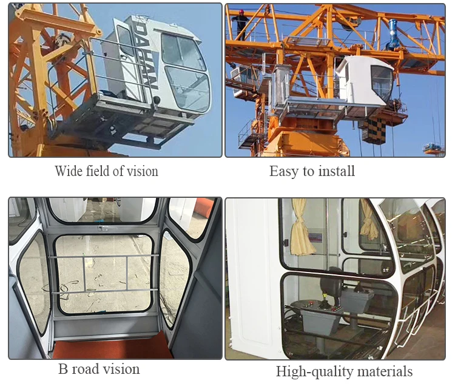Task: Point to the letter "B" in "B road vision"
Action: tap(63, 369)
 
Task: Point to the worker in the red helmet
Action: tap(241, 24)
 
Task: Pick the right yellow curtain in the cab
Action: tap(368, 220)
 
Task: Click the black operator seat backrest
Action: tap(332, 282)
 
